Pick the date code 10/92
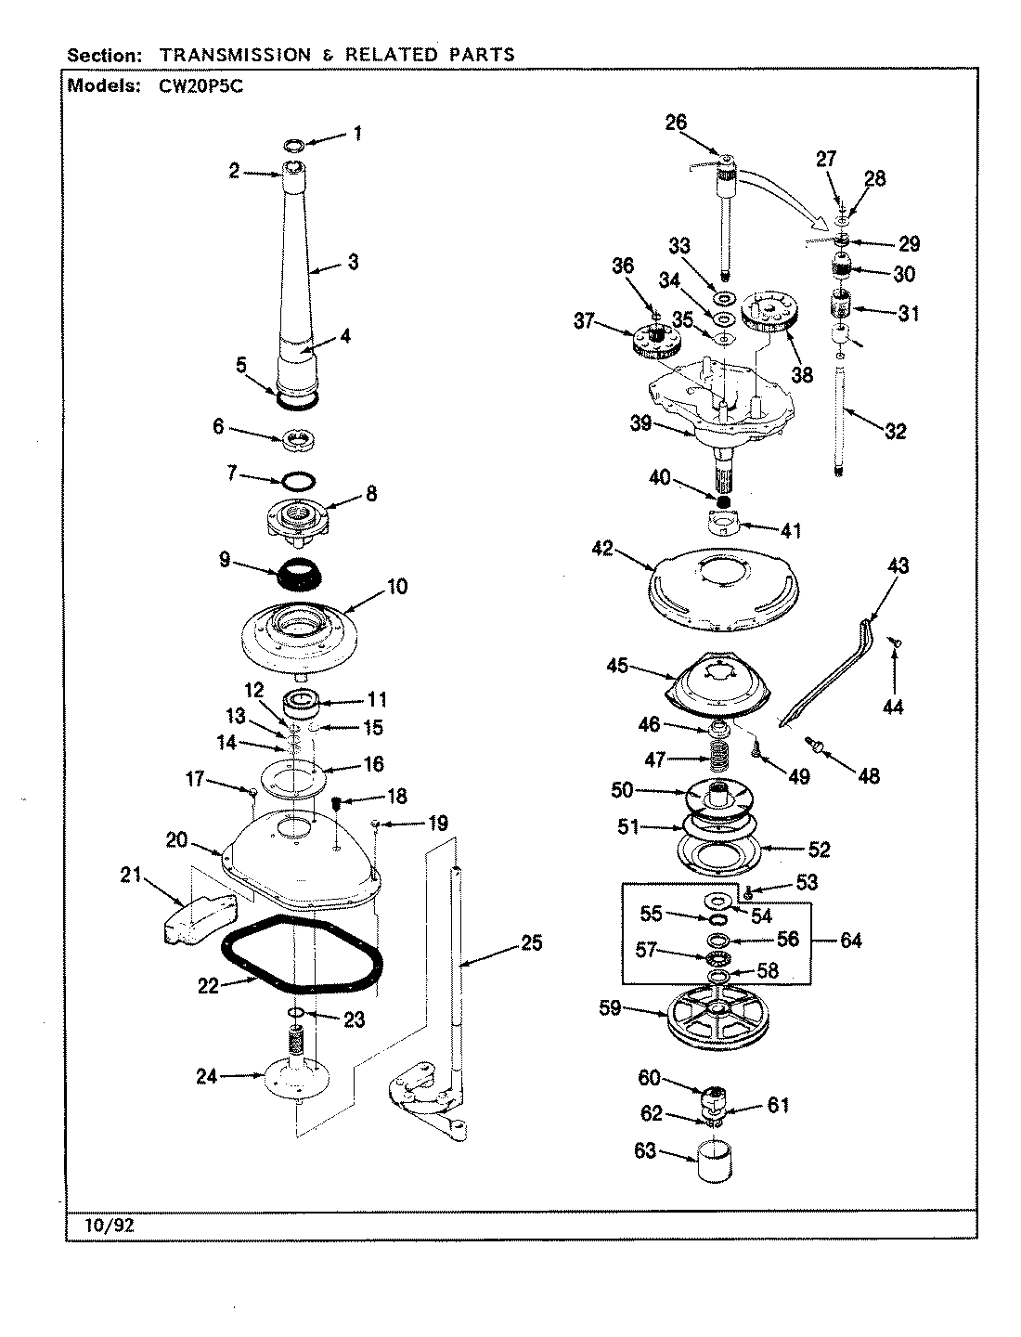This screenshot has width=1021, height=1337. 103,1225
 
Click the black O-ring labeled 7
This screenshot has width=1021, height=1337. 297,482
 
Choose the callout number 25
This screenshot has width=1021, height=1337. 532,943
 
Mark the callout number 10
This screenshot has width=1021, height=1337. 396,587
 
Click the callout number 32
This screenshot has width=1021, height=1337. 895,431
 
